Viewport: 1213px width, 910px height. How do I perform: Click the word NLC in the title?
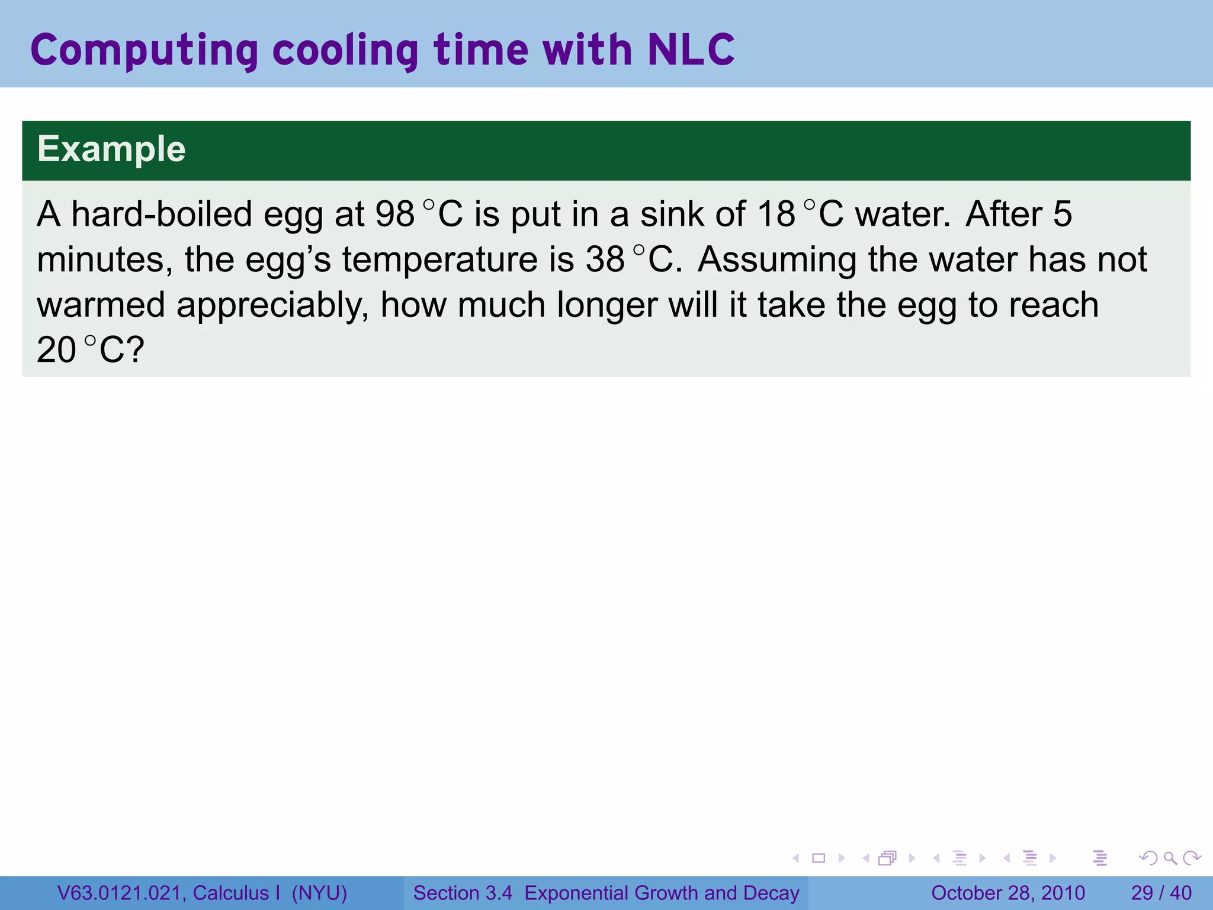[x=691, y=50]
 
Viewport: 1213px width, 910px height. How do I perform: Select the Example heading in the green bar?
[x=111, y=149]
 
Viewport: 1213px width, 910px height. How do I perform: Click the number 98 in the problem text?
[x=394, y=214]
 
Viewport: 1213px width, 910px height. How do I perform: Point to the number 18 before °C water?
[x=776, y=214]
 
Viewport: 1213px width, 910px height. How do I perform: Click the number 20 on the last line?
[x=56, y=350]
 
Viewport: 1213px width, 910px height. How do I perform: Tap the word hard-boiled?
[x=162, y=214]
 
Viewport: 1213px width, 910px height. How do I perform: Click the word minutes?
[x=104, y=259]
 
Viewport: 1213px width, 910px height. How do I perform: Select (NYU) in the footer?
[x=319, y=893]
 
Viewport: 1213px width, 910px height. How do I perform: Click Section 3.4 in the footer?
[x=463, y=893]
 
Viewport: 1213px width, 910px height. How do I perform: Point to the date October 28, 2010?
[x=1008, y=893]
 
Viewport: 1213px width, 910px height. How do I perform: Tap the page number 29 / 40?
[x=1161, y=893]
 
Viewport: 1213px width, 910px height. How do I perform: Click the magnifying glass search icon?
[x=1170, y=858]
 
